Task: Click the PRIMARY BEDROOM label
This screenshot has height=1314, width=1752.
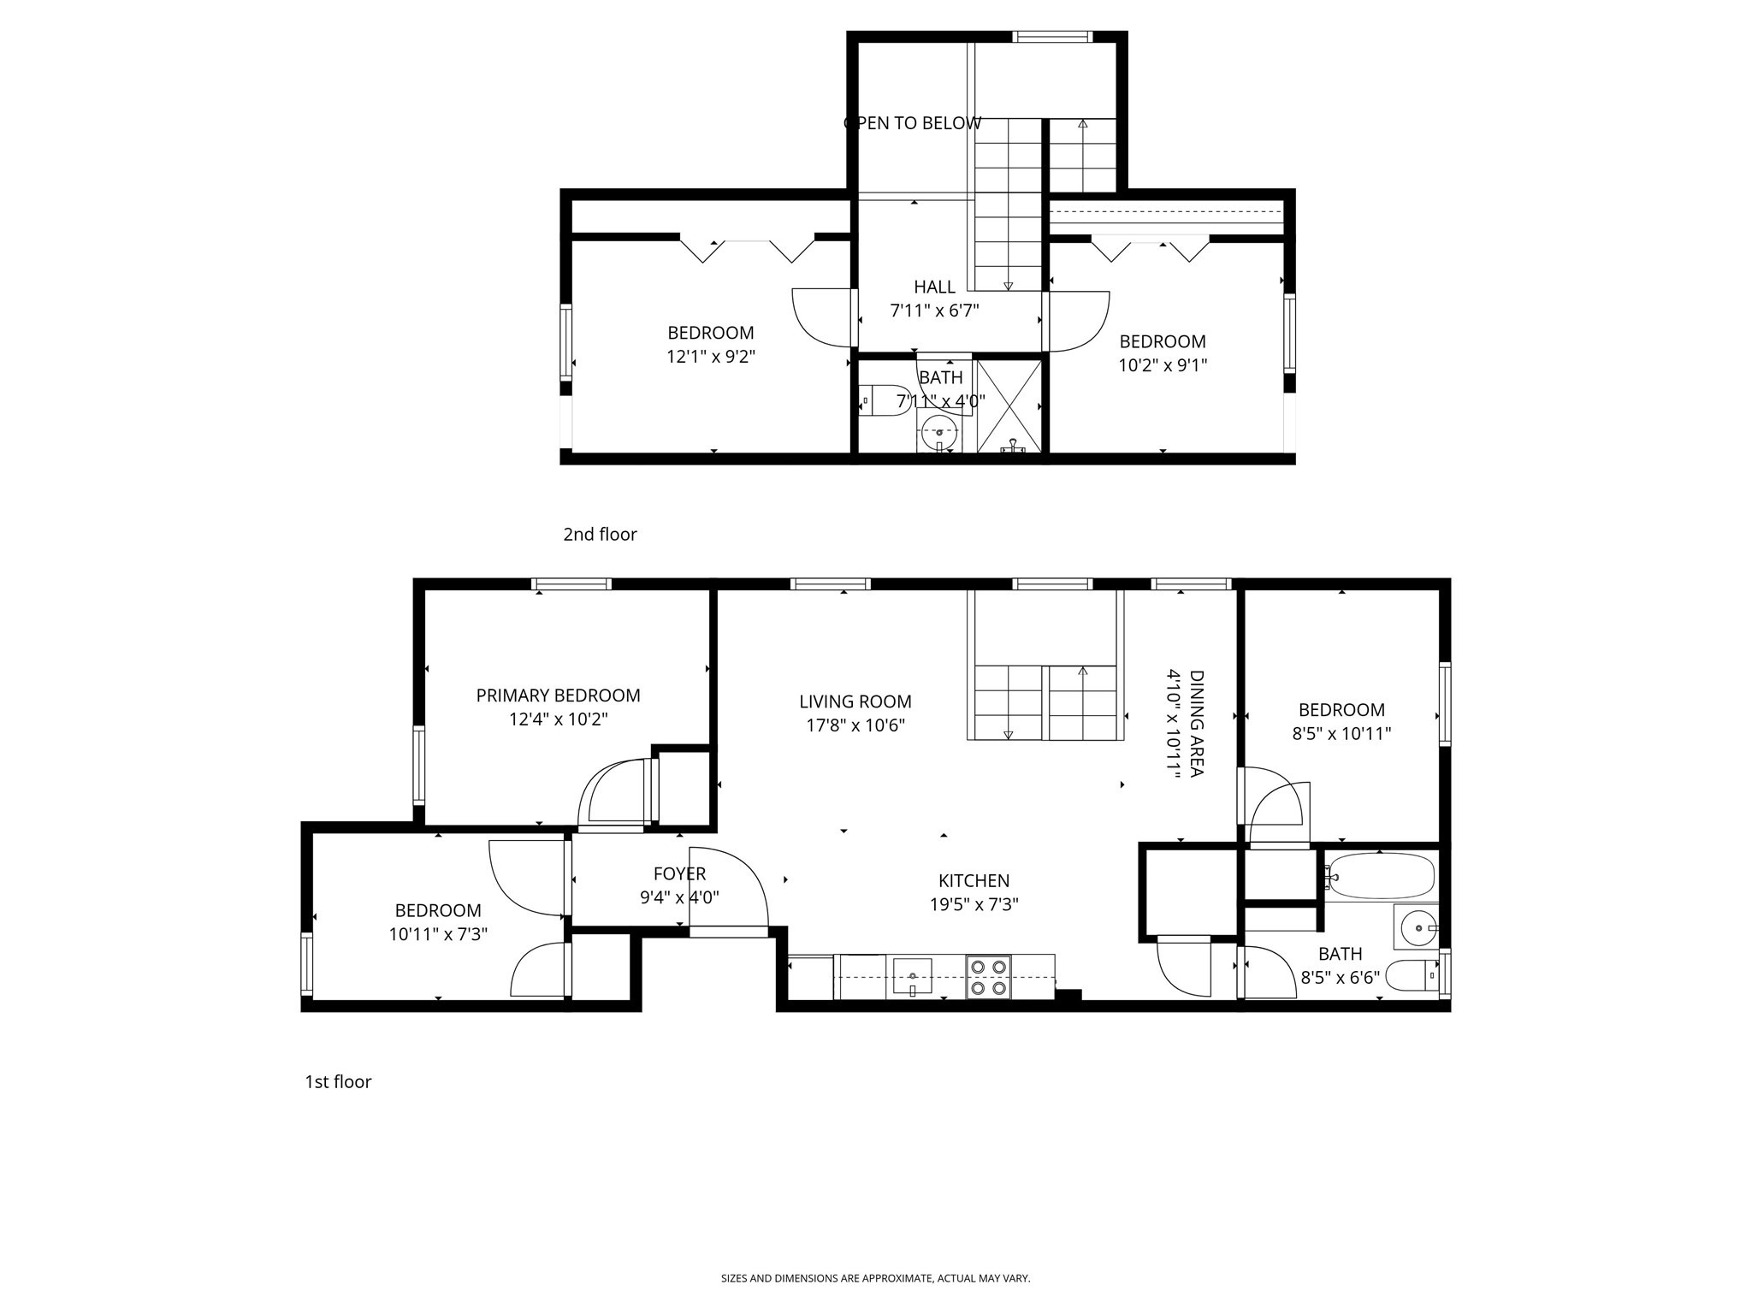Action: pyautogui.click(x=558, y=695)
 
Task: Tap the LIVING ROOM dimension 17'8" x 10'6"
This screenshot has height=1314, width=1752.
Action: pyautogui.click(x=855, y=725)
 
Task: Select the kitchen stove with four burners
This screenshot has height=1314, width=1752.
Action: pyautogui.click(x=988, y=977)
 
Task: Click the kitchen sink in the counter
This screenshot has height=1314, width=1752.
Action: pyautogui.click(x=913, y=975)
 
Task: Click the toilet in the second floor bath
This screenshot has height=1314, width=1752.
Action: pyautogui.click(x=884, y=400)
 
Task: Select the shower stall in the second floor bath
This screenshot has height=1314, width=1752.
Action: pyautogui.click(x=1009, y=405)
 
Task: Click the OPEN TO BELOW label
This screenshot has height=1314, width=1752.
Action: pyautogui.click(x=912, y=123)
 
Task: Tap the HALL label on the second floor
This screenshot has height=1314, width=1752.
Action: pyautogui.click(x=934, y=287)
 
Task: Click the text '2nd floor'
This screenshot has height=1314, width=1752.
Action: pyautogui.click(x=600, y=535)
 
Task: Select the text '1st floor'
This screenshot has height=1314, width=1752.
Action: pyautogui.click(x=338, y=1082)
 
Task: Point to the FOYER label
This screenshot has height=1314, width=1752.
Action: pyautogui.click(x=679, y=873)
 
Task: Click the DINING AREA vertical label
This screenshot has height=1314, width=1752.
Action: pyautogui.click(x=1196, y=724)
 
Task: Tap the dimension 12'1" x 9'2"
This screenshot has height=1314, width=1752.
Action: pyautogui.click(x=711, y=357)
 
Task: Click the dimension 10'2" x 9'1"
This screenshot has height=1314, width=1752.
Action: pyautogui.click(x=1162, y=365)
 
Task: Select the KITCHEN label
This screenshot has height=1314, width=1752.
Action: pyautogui.click(x=974, y=880)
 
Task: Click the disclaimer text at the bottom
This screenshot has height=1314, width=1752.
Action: pyautogui.click(x=875, y=1278)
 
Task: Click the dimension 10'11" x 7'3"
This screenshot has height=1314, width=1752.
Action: pyautogui.click(x=438, y=934)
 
